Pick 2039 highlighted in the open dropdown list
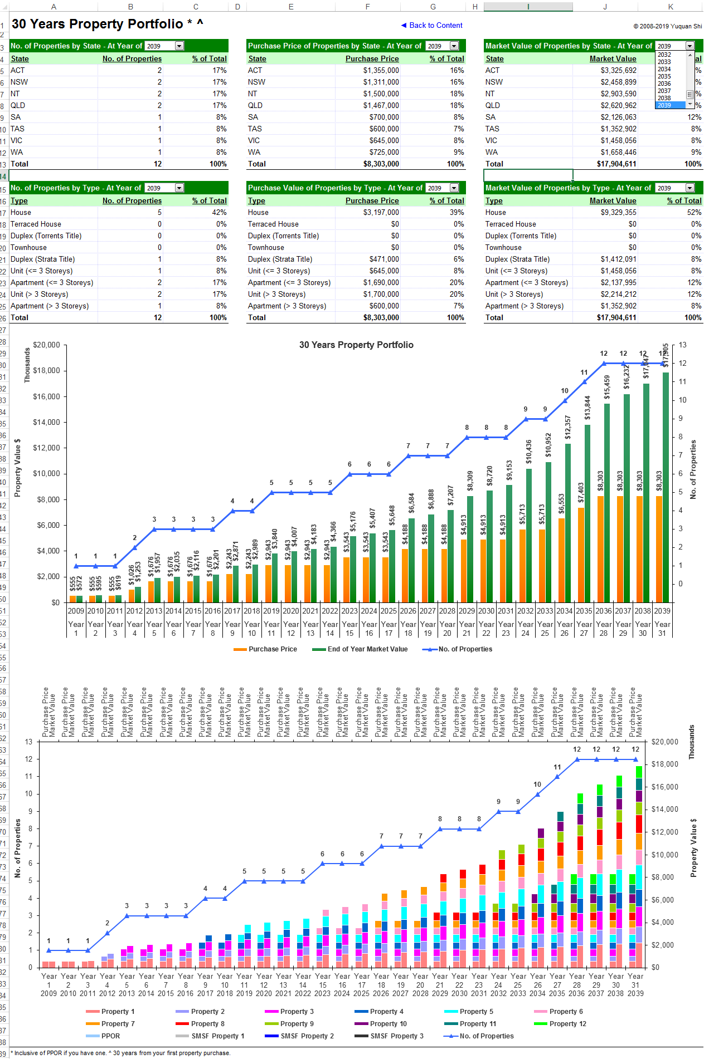[664, 105]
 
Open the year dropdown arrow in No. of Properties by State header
[179, 46]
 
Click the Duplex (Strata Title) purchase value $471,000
[384, 259]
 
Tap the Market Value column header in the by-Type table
[613, 201]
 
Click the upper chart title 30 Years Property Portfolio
[356, 345]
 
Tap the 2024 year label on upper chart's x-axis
[369, 611]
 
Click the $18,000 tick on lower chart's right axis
[664, 764]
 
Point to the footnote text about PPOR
[122, 1053]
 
